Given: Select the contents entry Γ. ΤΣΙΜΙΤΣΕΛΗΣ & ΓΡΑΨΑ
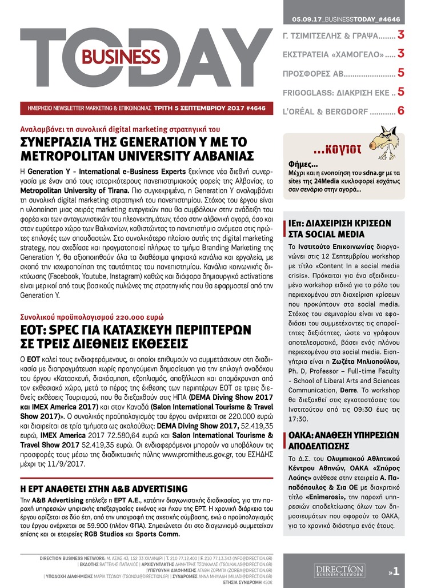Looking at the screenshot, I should tap(339, 36).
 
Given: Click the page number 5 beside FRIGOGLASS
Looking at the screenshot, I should tap(401, 91).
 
